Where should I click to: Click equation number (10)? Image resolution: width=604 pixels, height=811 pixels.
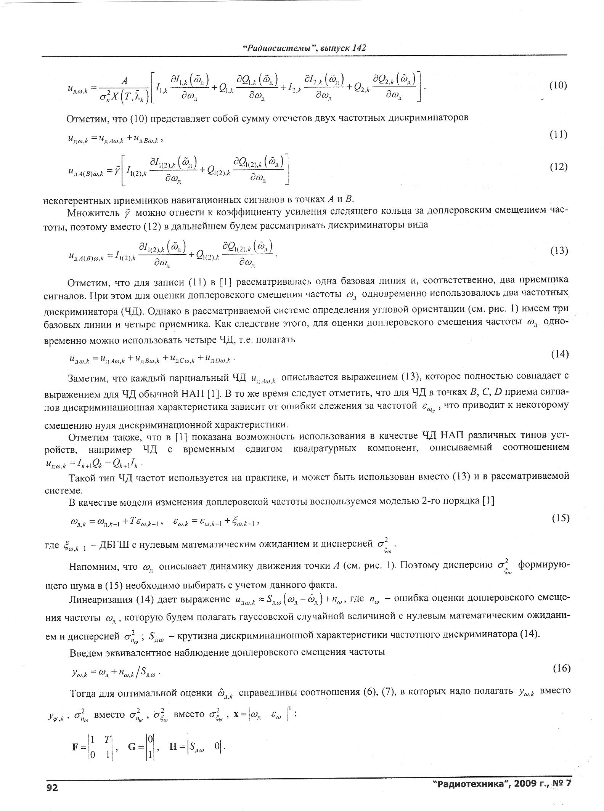(558, 85)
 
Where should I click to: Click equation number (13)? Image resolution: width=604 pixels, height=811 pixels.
(559, 250)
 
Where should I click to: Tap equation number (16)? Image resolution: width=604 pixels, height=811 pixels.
(561, 668)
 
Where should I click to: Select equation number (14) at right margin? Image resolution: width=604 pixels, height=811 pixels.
(560, 354)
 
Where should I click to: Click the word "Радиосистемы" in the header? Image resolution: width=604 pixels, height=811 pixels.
(276, 48)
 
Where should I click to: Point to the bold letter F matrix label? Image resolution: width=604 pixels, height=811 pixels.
(75, 747)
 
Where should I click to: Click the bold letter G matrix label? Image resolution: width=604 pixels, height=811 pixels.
(132, 747)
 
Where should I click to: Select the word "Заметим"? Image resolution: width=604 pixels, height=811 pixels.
(88, 378)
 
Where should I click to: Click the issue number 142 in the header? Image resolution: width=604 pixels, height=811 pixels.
(359, 48)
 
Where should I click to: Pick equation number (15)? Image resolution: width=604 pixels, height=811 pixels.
(561, 519)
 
